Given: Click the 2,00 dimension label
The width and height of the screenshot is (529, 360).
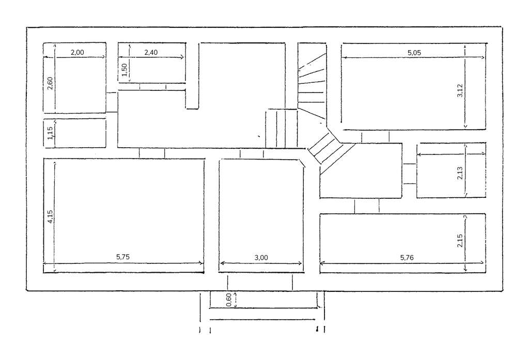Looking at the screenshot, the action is tap(76, 52).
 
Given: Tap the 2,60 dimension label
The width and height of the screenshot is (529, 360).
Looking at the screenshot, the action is tap(50, 83).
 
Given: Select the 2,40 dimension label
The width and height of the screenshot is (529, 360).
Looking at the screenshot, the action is tap(150, 52).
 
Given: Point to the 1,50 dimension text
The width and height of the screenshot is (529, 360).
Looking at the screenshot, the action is tap(124, 69).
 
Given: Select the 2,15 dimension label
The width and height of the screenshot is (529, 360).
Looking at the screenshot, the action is tap(460, 241).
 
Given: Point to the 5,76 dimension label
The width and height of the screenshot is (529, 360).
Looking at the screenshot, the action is tap(408, 257).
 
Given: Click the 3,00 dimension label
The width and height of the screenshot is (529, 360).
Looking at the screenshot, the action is tap(261, 257).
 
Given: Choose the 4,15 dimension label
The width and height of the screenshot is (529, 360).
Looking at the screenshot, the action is tap(50, 216).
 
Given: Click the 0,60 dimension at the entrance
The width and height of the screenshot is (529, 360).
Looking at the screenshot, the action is tap(230, 300).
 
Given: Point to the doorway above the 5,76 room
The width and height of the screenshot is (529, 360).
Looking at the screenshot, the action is tap(367, 206).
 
